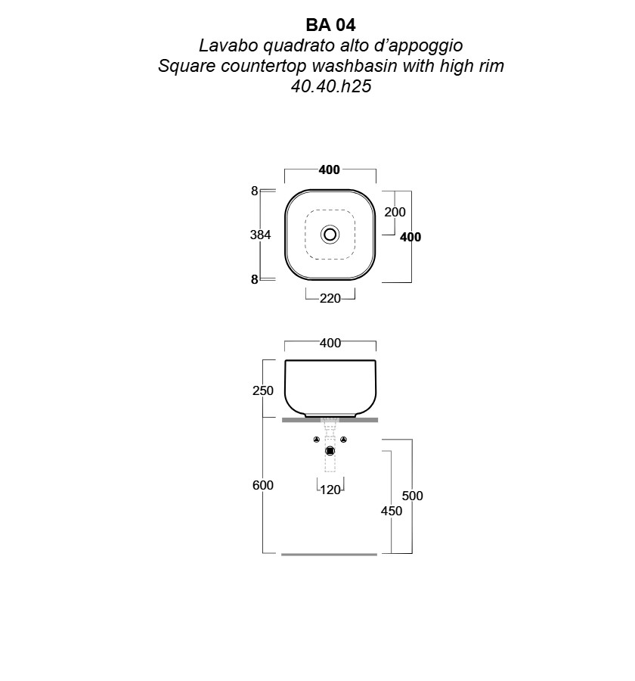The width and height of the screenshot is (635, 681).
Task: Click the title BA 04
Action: (331, 25)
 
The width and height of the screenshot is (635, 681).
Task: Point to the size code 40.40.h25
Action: (331, 86)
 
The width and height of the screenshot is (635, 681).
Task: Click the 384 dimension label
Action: (260, 235)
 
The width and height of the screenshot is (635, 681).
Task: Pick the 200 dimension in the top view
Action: (395, 212)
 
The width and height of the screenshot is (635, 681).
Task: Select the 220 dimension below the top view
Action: (330, 298)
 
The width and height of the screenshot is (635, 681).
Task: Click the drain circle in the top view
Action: (330, 235)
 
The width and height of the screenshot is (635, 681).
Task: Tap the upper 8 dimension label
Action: (254, 191)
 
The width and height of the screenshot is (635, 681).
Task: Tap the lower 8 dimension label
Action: (254, 279)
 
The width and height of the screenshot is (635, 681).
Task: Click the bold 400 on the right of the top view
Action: (410, 237)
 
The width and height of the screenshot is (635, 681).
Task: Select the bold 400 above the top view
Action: (330, 169)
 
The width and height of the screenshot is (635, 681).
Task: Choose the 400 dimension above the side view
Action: (330, 343)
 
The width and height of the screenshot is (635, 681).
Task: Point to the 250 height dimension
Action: (263, 390)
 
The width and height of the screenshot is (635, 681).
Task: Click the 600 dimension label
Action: (263, 485)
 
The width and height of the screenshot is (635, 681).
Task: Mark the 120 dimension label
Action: (330, 490)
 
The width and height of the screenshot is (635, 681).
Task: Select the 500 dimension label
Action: (412, 496)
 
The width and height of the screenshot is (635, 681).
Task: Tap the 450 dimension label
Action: (392, 511)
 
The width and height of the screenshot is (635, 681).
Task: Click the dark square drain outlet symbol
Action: (330, 451)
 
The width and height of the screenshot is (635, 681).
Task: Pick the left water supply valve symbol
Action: (317, 440)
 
